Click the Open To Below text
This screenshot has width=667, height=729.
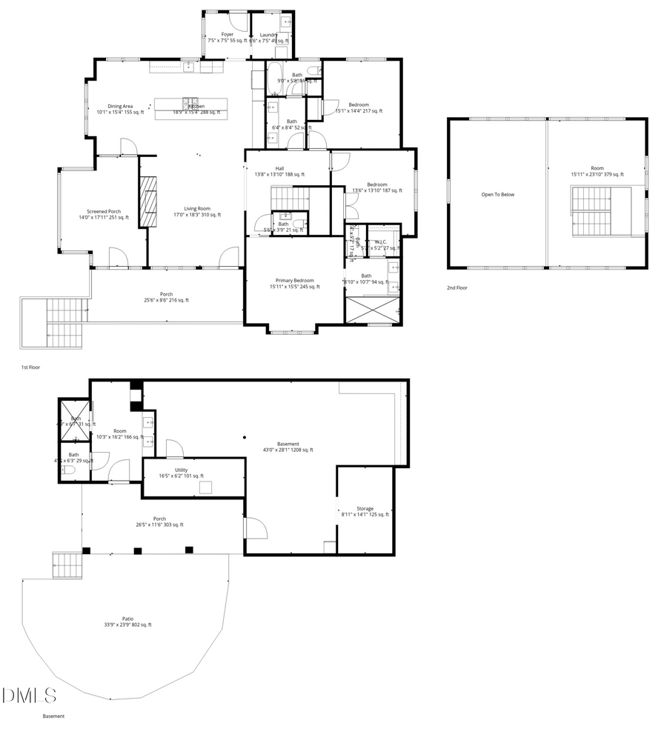[x=497, y=195]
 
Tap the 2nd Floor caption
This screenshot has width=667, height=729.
[x=457, y=287]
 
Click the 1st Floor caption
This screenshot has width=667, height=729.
[x=30, y=367]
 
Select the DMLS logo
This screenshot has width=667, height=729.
[x=30, y=696]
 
